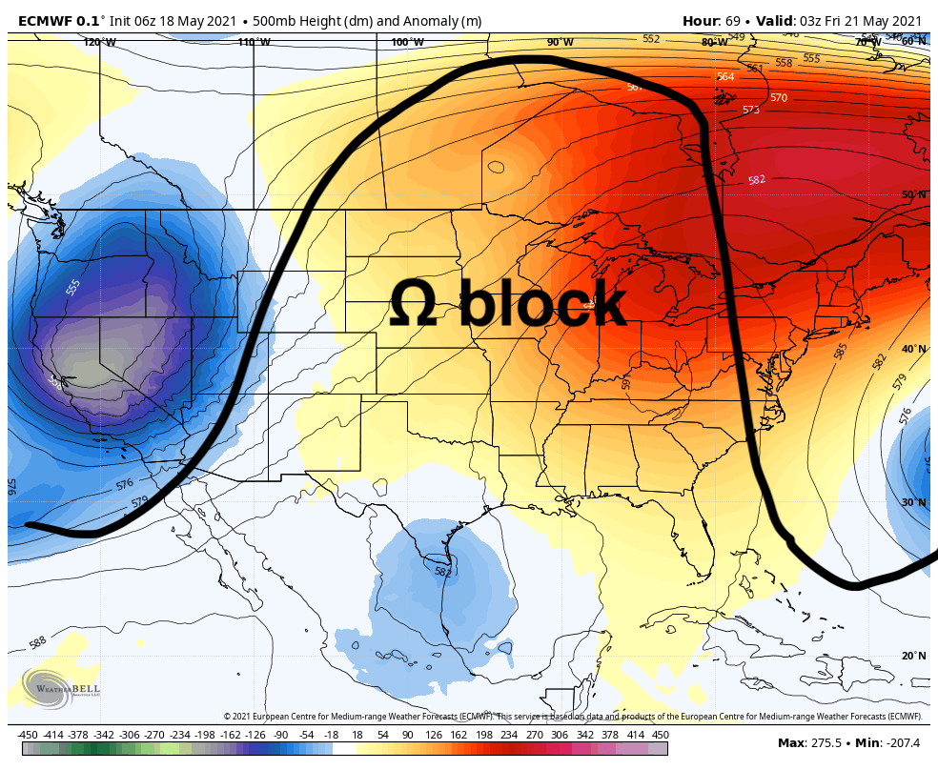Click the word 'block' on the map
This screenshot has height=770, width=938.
543,304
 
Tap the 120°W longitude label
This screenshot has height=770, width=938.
99,42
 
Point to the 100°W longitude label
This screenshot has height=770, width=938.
407,42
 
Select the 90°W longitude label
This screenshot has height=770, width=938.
560,42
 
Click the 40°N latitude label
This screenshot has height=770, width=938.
913,349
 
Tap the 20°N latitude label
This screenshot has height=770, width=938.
913,656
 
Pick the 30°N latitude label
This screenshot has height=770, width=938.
913,502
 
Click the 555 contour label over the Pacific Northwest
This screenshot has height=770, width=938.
73,287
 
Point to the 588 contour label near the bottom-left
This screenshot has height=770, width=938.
38,642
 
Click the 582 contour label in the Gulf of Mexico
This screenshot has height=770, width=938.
442,572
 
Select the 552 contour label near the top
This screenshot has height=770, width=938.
651,39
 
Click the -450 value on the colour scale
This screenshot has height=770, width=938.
28,735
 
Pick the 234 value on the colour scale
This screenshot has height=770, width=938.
510,735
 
